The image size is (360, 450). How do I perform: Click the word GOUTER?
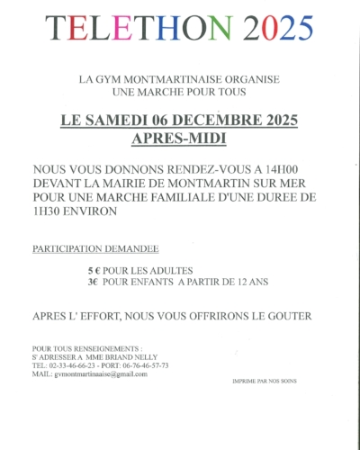tap(284, 316)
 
